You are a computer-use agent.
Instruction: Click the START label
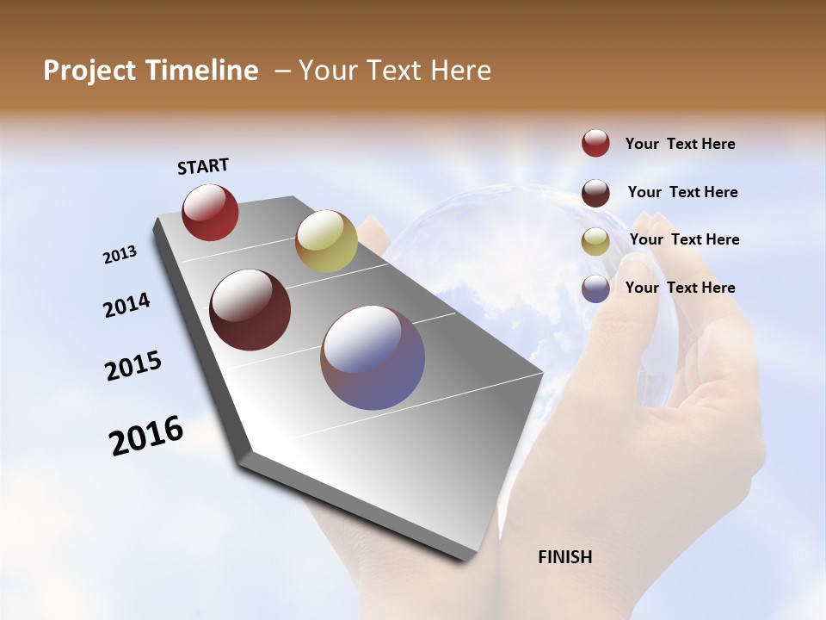tap(203, 166)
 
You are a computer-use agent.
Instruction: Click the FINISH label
tap(565, 557)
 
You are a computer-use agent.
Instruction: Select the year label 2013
tap(120, 255)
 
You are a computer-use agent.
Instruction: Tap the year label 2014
tap(126, 305)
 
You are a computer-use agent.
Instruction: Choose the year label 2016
tap(146, 436)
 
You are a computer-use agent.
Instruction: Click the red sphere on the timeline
tap(210, 212)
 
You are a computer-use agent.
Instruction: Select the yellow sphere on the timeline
tap(326, 241)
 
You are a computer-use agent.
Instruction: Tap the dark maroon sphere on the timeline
tap(250, 310)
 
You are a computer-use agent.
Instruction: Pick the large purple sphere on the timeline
tap(373, 357)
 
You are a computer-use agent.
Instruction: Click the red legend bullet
tap(595, 143)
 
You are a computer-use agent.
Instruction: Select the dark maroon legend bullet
tap(595, 192)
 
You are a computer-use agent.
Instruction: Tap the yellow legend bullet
tap(595, 240)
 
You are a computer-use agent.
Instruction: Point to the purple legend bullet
tap(595, 288)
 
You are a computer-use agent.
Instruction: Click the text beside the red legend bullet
tap(680, 145)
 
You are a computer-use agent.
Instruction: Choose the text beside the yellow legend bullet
tap(684, 239)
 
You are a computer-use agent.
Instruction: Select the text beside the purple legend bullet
tap(680, 288)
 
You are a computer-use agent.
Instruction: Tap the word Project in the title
tap(88, 71)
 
